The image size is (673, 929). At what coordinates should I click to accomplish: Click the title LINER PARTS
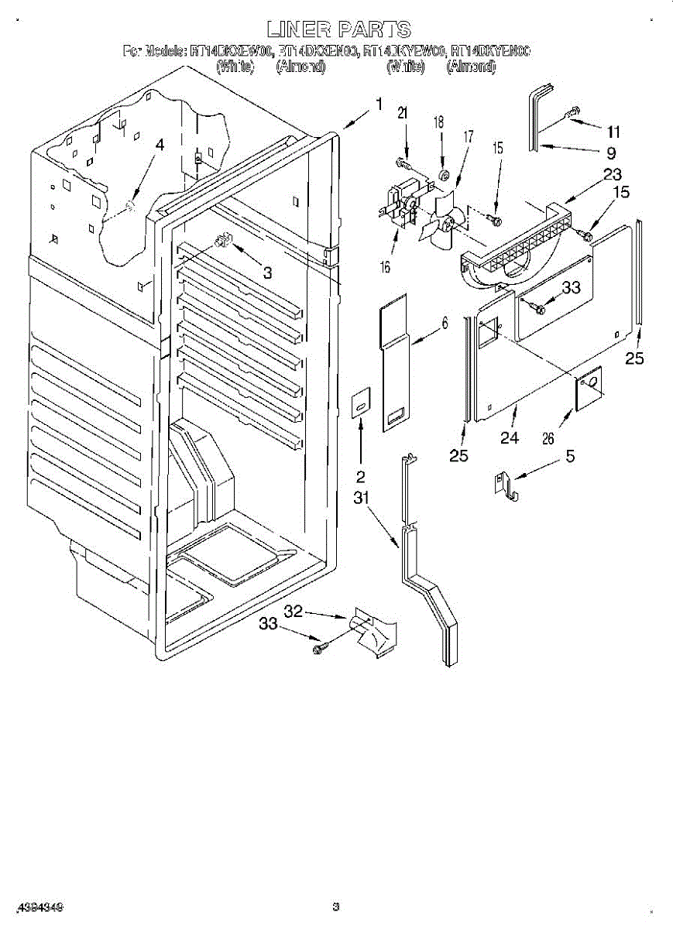[338, 30]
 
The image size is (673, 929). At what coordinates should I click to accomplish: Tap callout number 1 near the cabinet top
[379, 105]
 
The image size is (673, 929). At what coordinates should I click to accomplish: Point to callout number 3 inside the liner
[267, 273]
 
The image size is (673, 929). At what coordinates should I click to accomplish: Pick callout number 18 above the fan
[438, 122]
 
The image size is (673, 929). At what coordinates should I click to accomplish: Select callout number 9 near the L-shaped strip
[611, 153]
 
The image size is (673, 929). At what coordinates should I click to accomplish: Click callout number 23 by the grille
[613, 175]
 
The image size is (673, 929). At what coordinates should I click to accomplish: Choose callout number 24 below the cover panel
[509, 437]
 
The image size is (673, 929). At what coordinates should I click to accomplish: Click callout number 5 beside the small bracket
[570, 456]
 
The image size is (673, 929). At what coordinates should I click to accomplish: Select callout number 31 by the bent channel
[362, 499]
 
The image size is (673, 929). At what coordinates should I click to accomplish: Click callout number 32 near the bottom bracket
[292, 612]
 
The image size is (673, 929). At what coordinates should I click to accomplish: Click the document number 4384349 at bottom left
[38, 906]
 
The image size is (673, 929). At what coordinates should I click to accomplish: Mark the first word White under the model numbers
[235, 67]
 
